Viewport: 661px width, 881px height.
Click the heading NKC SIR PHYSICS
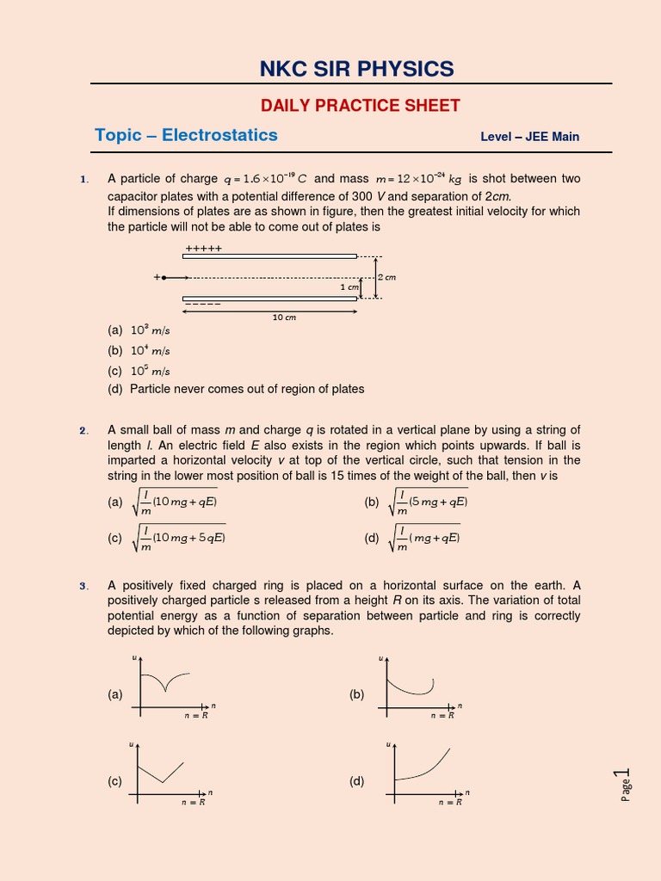[356, 69]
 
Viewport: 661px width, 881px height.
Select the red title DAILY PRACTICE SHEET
[361, 106]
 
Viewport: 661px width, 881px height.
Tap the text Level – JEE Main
[529, 137]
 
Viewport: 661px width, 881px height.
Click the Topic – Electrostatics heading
[186, 135]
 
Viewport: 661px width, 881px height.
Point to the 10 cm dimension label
[284, 317]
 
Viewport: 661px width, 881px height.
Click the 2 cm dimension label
[386, 277]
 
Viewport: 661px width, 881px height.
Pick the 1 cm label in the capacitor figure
[349, 287]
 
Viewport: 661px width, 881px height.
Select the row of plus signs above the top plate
[203, 248]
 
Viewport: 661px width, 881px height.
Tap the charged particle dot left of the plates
[164, 278]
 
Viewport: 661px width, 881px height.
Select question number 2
[84, 430]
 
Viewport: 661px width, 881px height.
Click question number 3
[84, 587]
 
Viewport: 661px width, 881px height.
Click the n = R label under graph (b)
[442, 716]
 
